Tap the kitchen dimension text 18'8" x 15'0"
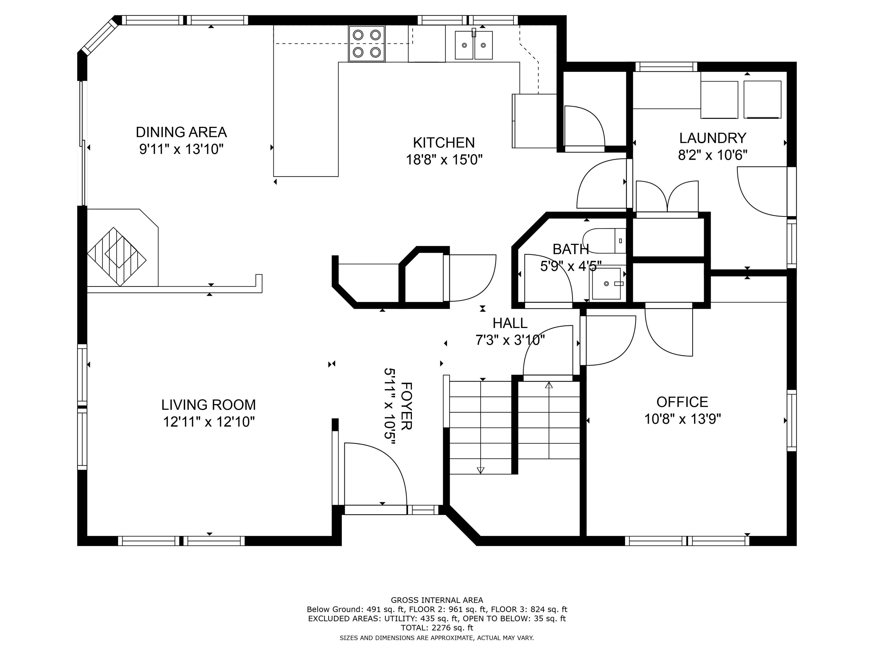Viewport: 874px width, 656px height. tap(444, 160)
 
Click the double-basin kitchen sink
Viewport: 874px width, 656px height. tap(473, 45)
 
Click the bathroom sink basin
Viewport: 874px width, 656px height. tap(606, 283)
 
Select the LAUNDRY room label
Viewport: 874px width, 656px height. tap(712, 138)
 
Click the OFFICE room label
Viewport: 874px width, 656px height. tap(682, 402)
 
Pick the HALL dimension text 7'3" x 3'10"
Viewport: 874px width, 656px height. tap(510, 340)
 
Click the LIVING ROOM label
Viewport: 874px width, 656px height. tap(208, 404)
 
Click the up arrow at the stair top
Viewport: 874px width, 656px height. tap(549, 385)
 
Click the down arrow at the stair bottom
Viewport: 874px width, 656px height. tap(480, 470)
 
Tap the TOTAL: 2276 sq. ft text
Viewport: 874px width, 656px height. tap(437, 627)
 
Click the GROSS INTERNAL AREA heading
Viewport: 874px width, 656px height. tap(437, 600)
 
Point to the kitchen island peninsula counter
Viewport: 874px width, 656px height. tap(306, 119)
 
